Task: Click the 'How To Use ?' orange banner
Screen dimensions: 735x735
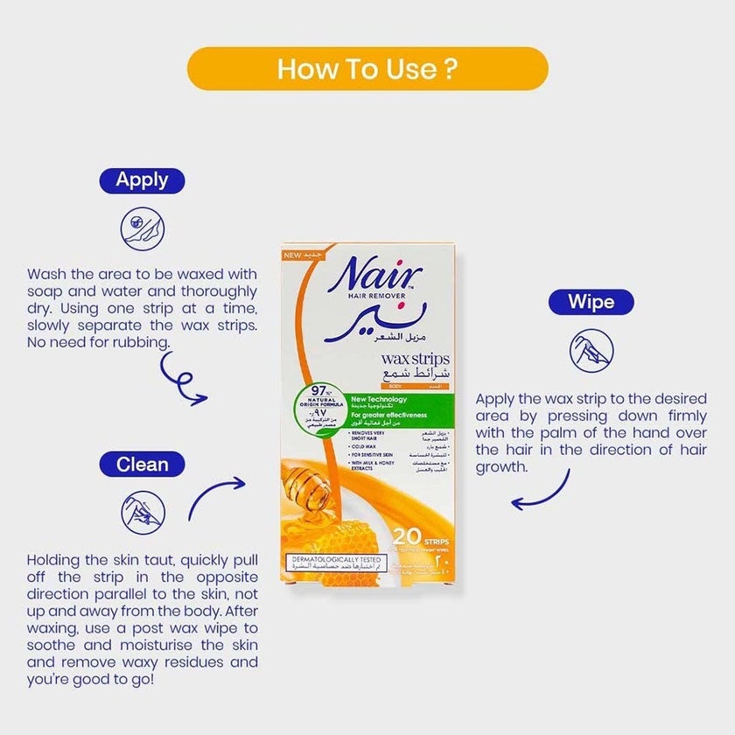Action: coord(367,69)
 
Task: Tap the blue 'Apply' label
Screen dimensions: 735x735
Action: coord(142,181)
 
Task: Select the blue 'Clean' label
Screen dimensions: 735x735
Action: coord(142,464)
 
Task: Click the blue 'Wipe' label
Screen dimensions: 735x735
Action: coord(591,303)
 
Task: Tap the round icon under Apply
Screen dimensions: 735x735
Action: coord(142,228)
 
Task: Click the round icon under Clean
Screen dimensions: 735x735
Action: coord(142,511)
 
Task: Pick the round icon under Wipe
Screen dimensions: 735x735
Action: coord(591,351)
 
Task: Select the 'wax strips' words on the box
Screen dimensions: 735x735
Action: coord(416,360)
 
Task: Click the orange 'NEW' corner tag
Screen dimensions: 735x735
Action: coord(299,254)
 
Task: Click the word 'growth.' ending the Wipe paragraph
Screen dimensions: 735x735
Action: coord(502,466)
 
